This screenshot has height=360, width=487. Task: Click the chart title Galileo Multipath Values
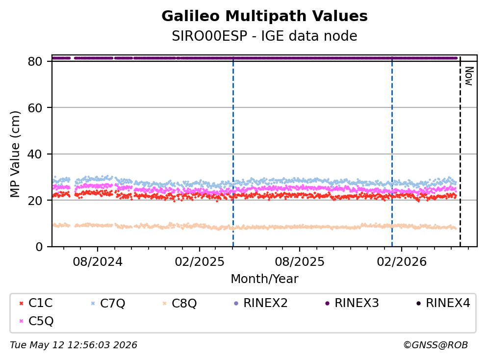click(x=264, y=16)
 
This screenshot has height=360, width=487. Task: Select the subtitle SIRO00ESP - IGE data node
click(x=264, y=36)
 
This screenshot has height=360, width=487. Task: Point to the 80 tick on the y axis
click(x=35, y=61)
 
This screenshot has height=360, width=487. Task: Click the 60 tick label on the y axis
click(x=35, y=108)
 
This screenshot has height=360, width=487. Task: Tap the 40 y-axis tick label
click(x=35, y=154)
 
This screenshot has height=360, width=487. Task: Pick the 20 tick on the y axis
click(x=35, y=200)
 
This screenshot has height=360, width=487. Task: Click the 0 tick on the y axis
click(x=39, y=247)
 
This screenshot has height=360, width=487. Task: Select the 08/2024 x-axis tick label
click(x=98, y=262)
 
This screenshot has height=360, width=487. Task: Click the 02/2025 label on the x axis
click(x=200, y=262)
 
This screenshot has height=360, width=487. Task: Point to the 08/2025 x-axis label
click(x=299, y=262)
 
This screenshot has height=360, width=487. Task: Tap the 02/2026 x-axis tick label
click(x=402, y=262)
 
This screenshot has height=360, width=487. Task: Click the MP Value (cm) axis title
click(x=15, y=154)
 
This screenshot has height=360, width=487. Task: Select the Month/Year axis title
click(x=264, y=279)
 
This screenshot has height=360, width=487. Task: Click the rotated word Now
click(x=469, y=76)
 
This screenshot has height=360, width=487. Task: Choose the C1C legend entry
click(x=36, y=303)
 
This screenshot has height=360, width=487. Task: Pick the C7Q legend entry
click(x=108, y=303)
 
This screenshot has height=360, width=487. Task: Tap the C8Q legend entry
click(x=180, y=303)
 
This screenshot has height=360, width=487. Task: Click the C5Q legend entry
click(x=36, y=321)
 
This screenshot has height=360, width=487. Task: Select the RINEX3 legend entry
click(x=352, y=303)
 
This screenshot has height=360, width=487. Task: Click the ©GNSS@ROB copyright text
click(x=436, y=345)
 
